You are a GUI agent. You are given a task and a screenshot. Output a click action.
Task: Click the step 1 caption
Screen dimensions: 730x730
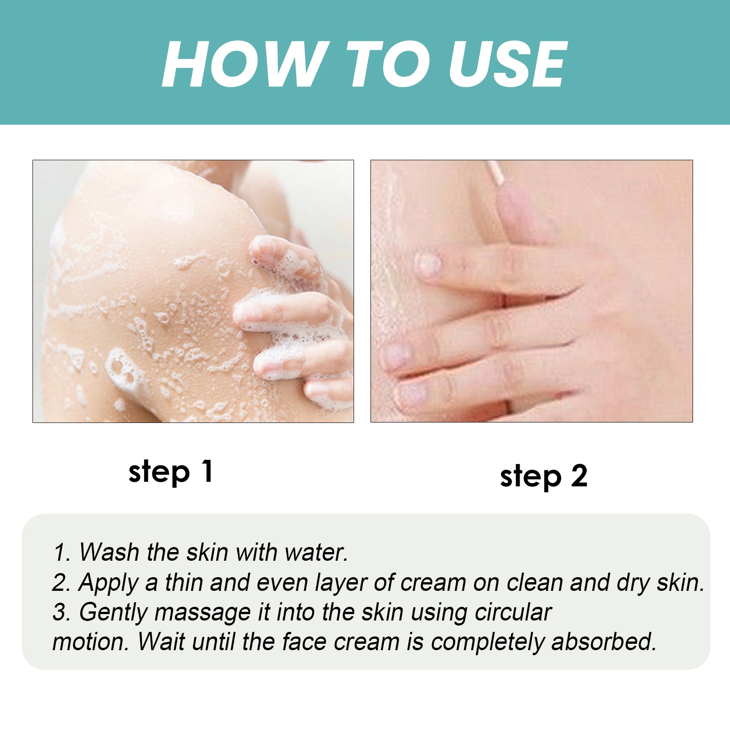171,472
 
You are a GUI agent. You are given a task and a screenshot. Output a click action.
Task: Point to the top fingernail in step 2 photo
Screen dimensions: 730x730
429,264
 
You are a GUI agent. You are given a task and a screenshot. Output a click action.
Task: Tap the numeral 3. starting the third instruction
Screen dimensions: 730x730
62,612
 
